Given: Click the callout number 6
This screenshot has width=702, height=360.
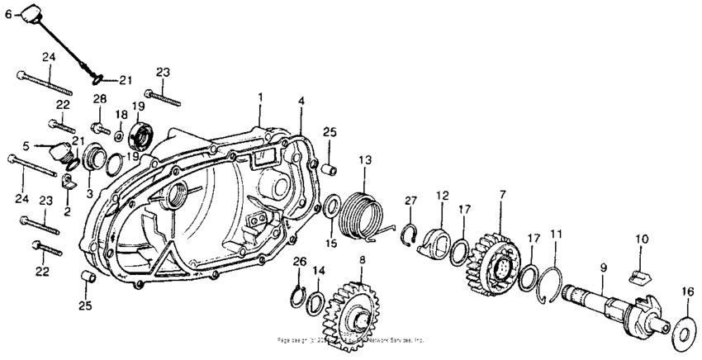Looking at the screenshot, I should [9, 14].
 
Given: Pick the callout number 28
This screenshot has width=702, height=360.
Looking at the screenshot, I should [100, 100].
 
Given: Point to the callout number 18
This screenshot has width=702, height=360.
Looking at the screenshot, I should [121, 113].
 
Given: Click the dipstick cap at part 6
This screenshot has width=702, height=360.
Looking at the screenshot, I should [32, 14].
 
